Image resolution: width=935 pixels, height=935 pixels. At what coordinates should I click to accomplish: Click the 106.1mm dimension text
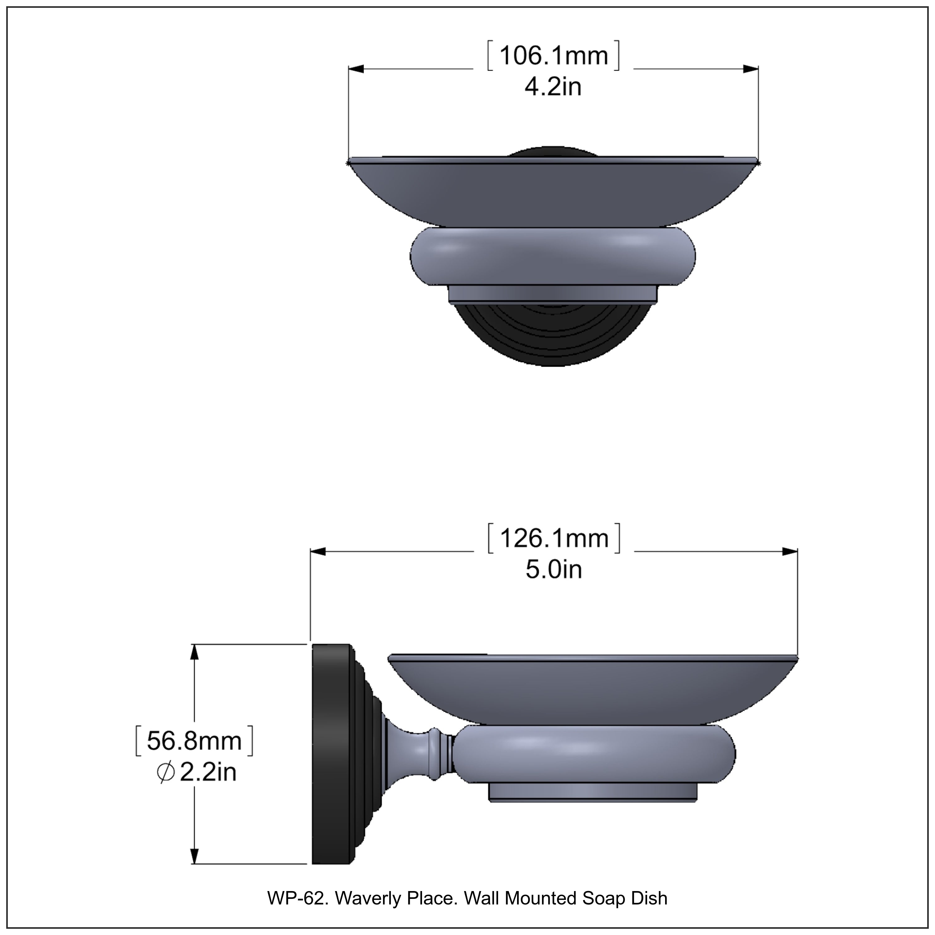click(x=553, y=56)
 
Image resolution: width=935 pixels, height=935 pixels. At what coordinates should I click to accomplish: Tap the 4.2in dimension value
click(x=553, y=87)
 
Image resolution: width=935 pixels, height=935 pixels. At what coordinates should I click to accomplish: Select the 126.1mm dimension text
click(x=554, y=538)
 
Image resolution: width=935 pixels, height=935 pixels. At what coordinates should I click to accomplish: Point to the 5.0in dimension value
click(x=554, y=570)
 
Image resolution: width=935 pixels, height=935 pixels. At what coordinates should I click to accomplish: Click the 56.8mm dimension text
click(x=194, y=741)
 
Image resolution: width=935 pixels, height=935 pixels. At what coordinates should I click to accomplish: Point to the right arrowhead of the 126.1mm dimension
click(x=789, y=552)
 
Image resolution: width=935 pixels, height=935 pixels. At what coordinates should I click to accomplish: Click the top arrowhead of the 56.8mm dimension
click(x=194, y=652)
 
